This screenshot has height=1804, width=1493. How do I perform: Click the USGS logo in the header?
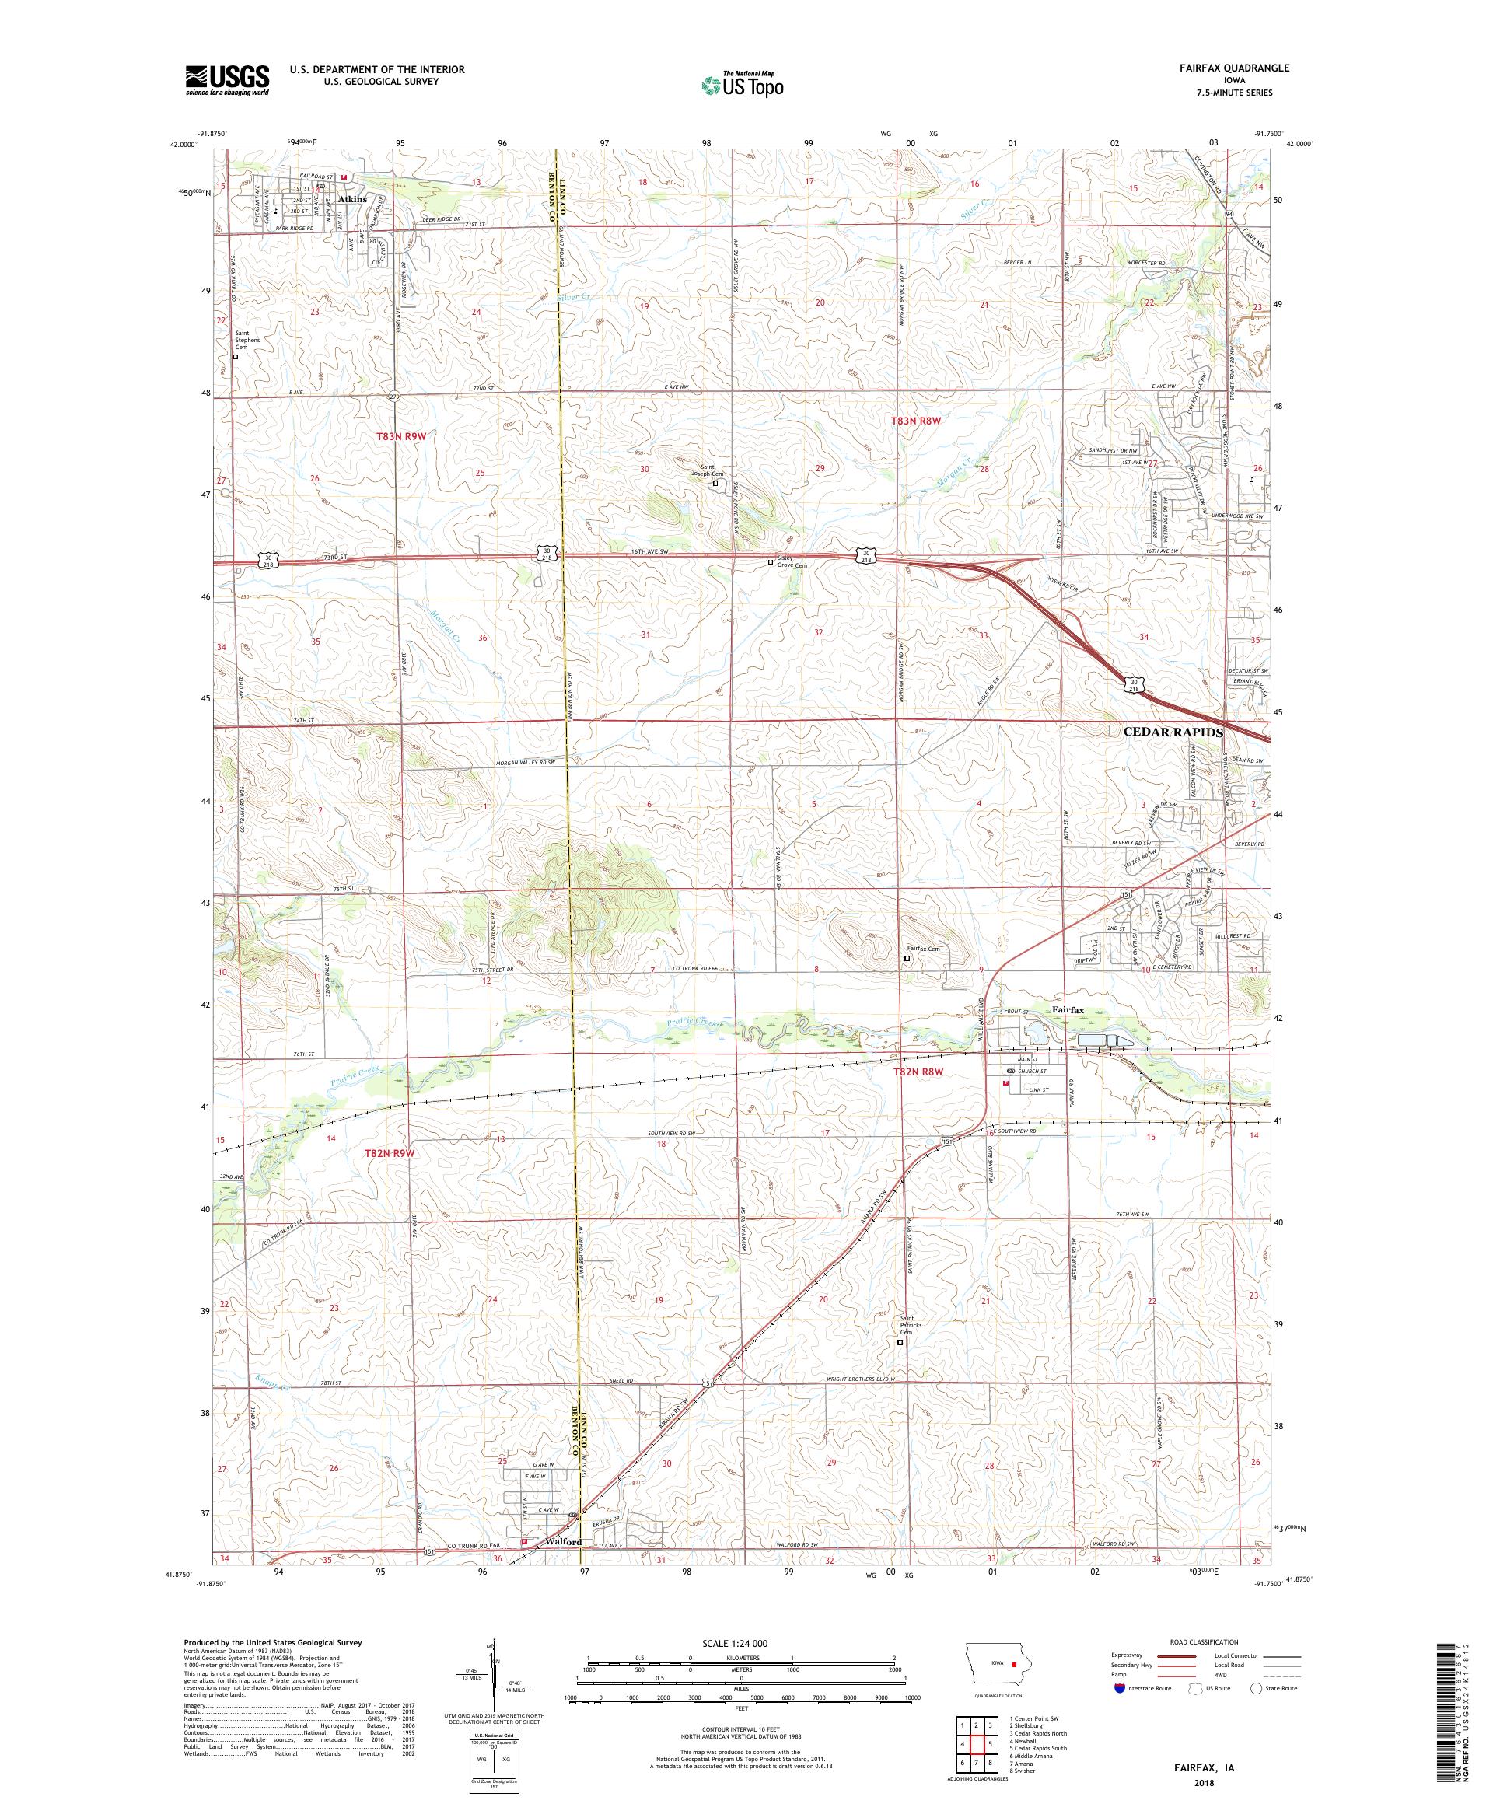[x=227, y=80]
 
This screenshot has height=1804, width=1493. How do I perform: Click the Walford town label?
[x=564, y=1542]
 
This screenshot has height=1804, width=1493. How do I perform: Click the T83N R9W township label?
[x=401, y=436]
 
